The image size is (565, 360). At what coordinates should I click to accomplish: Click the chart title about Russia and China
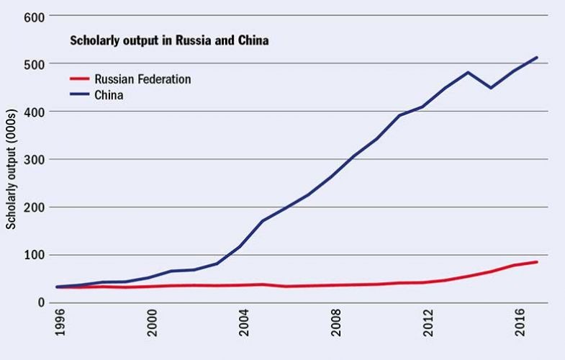(x=169, y=41)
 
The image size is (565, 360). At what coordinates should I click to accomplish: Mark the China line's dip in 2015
(x=492, y=88)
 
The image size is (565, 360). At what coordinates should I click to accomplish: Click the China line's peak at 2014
(x=469, y=72)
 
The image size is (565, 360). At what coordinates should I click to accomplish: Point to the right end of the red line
(x=537, y=261)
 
